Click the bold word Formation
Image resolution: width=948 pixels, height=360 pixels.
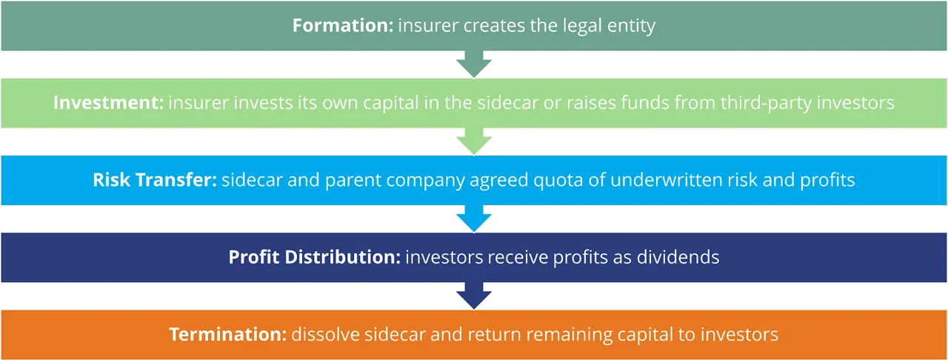(342, 25)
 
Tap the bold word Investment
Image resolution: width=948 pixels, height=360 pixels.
(108, 102)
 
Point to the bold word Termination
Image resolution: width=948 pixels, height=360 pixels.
(227, 334)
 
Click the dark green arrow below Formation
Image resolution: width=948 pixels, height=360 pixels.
(474, 65)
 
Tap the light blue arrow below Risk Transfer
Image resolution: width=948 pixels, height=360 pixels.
(474, 219)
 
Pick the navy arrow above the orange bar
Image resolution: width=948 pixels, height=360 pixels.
(474, 296)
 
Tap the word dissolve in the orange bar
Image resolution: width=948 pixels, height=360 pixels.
(321, 334)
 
